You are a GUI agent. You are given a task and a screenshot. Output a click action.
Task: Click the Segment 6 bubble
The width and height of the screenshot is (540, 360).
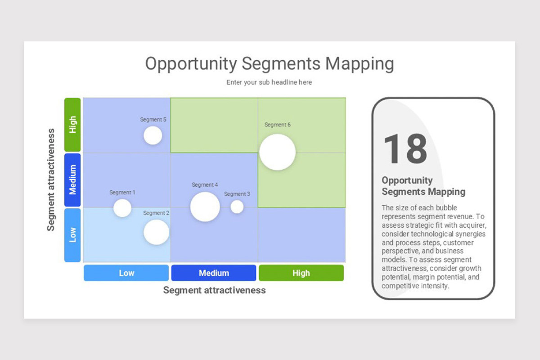click(277, 152)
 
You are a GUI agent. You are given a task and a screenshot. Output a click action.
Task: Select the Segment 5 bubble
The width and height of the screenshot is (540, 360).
click(153, 135)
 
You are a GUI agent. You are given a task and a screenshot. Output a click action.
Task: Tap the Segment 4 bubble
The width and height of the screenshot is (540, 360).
click(205, 207)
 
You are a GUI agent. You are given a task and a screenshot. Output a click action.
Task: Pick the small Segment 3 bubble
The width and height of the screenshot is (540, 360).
click(237, 207)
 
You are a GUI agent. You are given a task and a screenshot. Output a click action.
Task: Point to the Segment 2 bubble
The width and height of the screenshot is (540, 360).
click(156, 232)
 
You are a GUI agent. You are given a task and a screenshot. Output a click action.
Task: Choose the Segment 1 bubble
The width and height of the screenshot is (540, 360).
click(122, 208)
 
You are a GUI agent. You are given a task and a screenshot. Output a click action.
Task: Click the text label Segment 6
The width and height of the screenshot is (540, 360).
click(277, 125)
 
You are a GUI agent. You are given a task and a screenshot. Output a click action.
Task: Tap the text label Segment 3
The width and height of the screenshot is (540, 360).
click(237, 194)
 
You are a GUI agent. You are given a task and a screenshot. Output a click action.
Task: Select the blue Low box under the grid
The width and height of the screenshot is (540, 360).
click(126, 273)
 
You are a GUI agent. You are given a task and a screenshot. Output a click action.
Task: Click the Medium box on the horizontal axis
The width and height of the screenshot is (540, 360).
click(214, 273)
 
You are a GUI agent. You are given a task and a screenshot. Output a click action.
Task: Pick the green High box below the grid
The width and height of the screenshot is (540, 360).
click(301, 273)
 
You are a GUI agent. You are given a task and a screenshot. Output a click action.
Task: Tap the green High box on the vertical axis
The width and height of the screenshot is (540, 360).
click(72, 125)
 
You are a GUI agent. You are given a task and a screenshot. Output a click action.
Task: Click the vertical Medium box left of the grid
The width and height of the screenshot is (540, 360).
click(72, 180)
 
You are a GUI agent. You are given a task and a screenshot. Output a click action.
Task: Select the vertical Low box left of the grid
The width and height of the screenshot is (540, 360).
click(72, 235)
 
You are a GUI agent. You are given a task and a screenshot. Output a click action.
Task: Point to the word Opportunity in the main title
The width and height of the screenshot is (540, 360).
click(191, 64)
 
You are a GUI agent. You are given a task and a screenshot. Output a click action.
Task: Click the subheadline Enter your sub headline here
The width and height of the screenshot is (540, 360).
click(269, 82)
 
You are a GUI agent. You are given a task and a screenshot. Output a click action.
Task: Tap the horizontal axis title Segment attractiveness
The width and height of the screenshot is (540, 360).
click(214, 290)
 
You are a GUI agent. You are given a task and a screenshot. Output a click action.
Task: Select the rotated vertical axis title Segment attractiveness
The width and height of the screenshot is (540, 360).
click(51, 180)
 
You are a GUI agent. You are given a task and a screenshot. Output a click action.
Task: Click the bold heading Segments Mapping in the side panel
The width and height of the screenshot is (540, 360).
click(423, 192)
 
